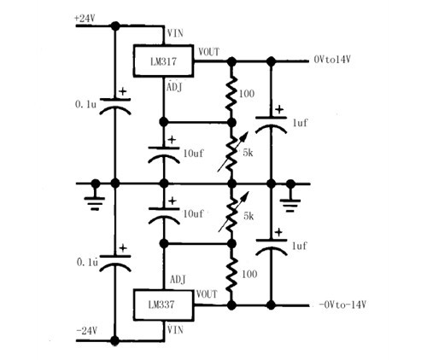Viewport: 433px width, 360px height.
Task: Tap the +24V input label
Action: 85,19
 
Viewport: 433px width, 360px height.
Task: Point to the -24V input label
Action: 87,330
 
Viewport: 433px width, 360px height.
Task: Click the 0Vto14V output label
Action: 332,60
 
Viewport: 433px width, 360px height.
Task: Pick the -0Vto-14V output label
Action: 342,305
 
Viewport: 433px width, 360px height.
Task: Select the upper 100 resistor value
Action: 247,94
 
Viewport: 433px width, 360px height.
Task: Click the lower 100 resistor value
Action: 249,274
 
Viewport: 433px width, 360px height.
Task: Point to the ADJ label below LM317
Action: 174,87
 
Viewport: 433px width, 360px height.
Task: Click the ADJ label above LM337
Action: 178,280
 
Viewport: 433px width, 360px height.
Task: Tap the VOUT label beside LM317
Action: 209,52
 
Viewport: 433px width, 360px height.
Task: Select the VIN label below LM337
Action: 175,329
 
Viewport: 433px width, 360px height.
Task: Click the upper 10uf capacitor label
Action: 194,154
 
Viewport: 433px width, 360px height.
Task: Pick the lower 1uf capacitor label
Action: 300,246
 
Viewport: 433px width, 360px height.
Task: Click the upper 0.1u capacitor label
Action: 85,104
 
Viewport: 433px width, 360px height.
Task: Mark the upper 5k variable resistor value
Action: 248,153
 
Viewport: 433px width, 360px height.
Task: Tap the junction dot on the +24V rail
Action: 115,26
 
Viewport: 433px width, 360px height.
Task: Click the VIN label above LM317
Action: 175,33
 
